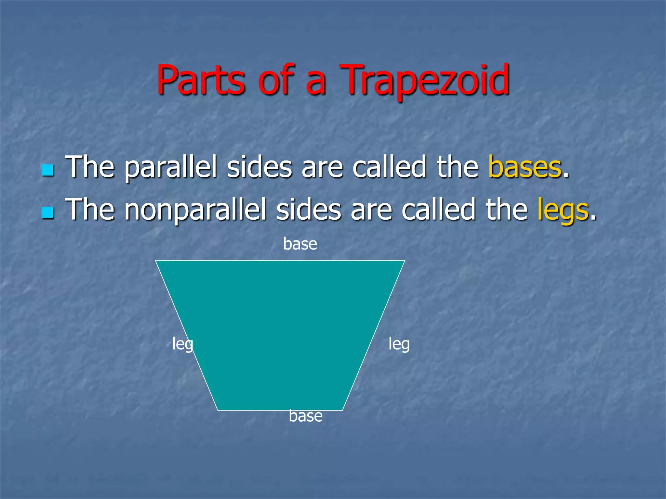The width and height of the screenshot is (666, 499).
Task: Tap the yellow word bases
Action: point(525,167)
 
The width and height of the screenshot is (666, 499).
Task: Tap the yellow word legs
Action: point(563,211)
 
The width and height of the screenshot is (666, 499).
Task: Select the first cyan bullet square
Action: point(47,170)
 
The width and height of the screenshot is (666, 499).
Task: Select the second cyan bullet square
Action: point(47,213)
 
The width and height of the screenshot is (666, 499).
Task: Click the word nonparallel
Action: point(195,211)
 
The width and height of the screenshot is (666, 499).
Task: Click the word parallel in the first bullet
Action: point(171,168)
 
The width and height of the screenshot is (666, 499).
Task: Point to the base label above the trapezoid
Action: point(300,244)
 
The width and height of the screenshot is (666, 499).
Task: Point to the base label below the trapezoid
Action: point(306,416)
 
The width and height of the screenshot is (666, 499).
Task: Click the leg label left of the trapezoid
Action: point(182,344)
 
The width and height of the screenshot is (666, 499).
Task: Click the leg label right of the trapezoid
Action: point(399,344)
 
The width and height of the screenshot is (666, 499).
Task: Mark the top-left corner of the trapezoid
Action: point(156,261)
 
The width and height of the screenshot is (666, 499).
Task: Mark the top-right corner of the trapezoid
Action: point(405,261)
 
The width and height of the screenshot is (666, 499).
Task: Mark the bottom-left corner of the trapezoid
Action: point(218,410)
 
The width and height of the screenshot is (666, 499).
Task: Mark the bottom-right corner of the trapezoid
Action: point(342,410)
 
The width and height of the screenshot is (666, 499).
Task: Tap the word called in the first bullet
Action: point(389,167)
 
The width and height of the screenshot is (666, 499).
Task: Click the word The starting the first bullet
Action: point(90,167)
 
